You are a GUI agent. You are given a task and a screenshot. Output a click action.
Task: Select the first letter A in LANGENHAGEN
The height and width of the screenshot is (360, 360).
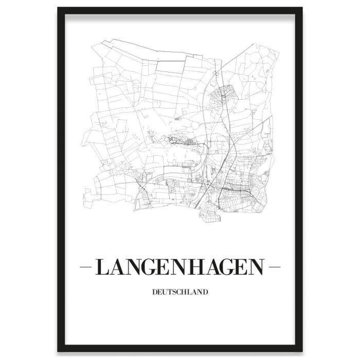pyautogui.click(x=117, y=267)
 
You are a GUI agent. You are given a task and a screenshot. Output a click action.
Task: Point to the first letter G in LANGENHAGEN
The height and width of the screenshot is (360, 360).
pyautogui.click(x=152, y=267)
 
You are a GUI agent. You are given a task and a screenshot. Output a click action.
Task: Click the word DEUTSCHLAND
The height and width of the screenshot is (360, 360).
pyautogui.click(x=180, y=293)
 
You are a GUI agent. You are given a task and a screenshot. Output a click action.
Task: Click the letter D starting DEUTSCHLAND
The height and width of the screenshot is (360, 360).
pyautogui.click(x=154, y=293)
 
